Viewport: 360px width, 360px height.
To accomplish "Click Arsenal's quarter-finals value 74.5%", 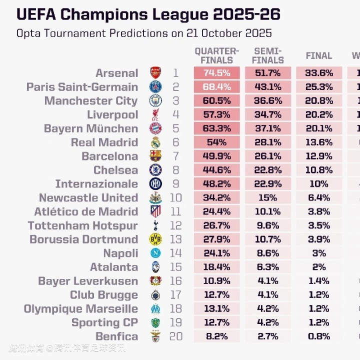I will (216, 73).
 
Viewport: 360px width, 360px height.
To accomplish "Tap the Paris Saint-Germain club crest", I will (155, 87).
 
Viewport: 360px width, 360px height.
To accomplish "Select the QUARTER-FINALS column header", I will (216, 55).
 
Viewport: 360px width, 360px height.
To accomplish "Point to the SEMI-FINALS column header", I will (267, 55).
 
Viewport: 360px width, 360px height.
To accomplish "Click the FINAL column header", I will (318, 56).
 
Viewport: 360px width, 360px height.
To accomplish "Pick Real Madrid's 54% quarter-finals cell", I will (216, 142).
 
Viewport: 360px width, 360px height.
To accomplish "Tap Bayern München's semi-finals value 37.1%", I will (267, 128).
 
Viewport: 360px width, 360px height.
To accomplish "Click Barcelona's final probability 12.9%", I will (318, 156).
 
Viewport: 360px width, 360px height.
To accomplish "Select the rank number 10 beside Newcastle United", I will (175, 198).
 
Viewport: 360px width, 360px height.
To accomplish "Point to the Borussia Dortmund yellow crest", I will (155, 239).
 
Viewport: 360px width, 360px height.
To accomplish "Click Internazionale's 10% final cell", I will (318, 184).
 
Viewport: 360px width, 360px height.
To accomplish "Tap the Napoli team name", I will (120, 253).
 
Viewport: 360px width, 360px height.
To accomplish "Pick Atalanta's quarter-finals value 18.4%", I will (216, 267).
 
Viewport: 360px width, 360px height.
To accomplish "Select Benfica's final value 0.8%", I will (318, 336).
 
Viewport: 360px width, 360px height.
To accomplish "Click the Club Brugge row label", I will (103, 295).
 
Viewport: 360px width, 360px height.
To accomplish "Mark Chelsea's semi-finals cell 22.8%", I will (267, 170).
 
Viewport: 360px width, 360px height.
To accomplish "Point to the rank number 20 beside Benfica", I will (175, 336).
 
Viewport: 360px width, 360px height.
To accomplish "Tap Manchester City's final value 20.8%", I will (318, 101).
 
